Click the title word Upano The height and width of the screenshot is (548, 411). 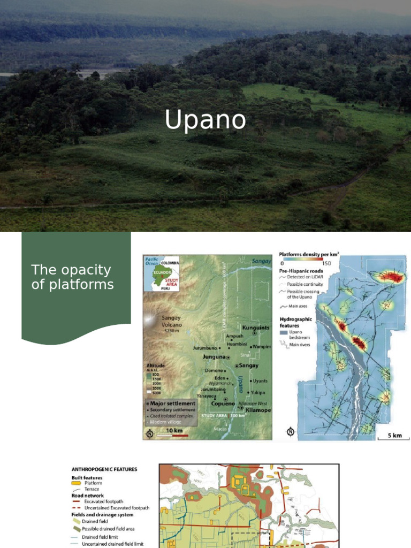coord(205,120)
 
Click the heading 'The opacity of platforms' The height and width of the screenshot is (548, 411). coord(72,277)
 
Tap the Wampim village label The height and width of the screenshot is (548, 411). coord(262,347)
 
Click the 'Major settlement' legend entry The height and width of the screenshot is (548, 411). coord(172,403)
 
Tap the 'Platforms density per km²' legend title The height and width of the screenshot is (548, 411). coord(309,255)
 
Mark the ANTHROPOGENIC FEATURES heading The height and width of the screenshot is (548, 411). coord(104,469)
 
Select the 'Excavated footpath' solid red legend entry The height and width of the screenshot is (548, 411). coord(106,501)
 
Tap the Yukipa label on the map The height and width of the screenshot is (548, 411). coord(259,392)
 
